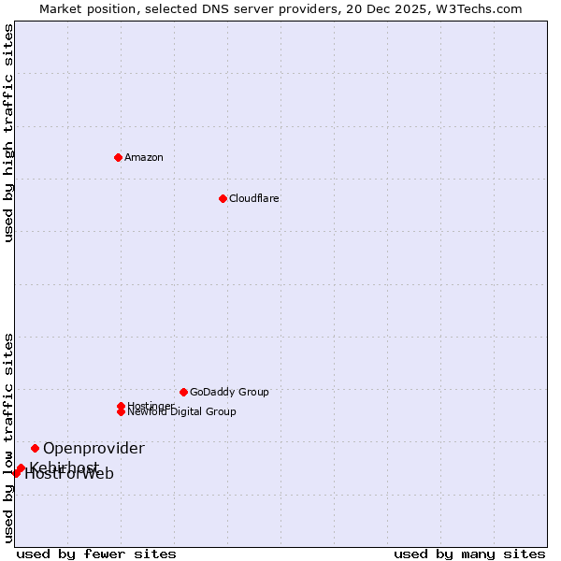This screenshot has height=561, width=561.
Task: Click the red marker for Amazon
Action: (118, 157)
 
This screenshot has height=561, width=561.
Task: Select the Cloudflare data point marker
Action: (223, 198)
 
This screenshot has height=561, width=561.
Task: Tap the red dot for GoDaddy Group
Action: (183, 392)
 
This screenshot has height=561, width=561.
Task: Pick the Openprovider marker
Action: (35, 448)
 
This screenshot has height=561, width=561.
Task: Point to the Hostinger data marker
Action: (121, 406)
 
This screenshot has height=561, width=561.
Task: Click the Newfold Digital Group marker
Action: (121, 411)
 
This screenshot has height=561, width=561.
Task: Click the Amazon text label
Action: (143, 157)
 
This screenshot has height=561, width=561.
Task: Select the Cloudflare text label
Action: (253, 198)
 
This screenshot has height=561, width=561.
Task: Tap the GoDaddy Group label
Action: (229, 392)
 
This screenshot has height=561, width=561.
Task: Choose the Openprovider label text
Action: (93, 448)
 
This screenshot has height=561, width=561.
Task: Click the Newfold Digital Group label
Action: (182, 411)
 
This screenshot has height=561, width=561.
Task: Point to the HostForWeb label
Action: (69, 474)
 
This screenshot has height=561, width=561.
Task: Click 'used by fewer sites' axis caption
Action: (96, 554)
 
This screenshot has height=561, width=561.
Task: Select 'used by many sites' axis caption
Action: (469, 554)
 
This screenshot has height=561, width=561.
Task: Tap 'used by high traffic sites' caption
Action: (9, 133)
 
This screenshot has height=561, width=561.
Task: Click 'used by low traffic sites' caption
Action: (9, 437)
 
